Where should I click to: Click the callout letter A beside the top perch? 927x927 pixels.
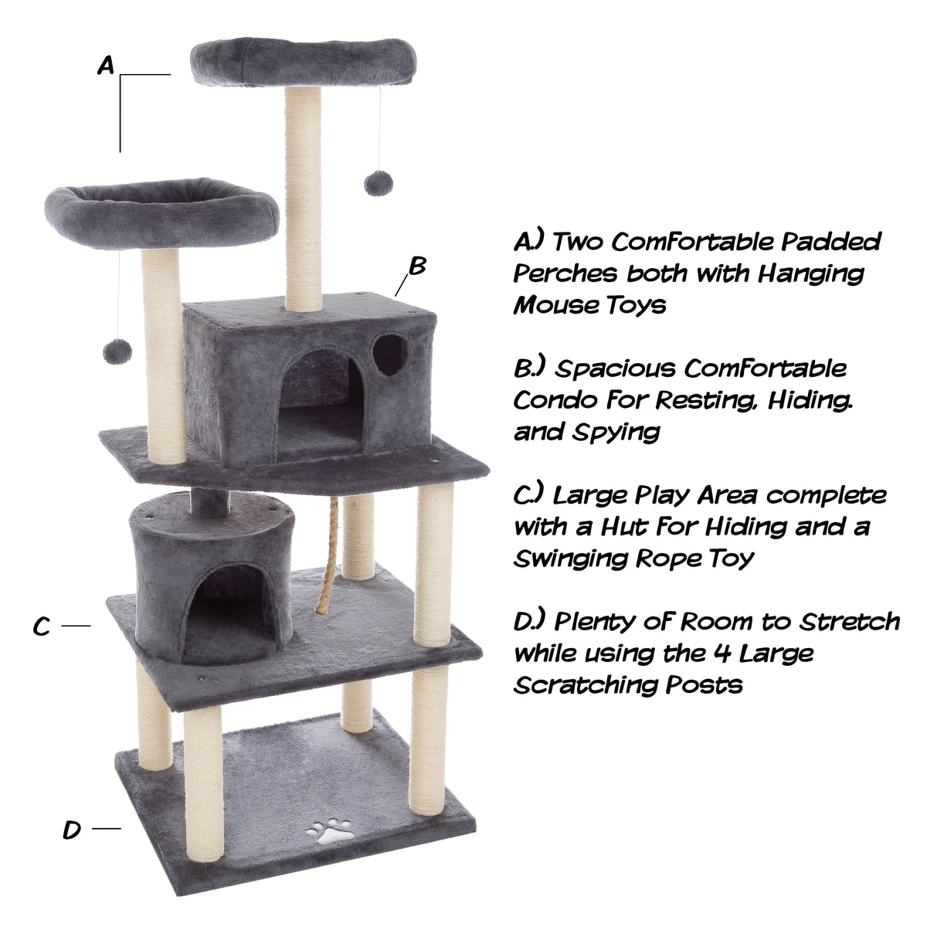106,66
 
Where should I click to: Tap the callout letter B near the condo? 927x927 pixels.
417,266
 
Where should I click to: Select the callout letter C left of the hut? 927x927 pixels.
42,626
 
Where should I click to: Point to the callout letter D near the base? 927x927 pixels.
72,830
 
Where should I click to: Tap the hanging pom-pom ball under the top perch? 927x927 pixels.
379,183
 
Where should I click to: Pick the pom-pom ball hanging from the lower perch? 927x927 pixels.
117,351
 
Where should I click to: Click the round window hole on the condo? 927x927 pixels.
389,355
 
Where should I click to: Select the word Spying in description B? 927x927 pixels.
616,433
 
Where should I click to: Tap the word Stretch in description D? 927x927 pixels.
850,622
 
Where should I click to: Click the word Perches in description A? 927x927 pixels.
565,273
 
